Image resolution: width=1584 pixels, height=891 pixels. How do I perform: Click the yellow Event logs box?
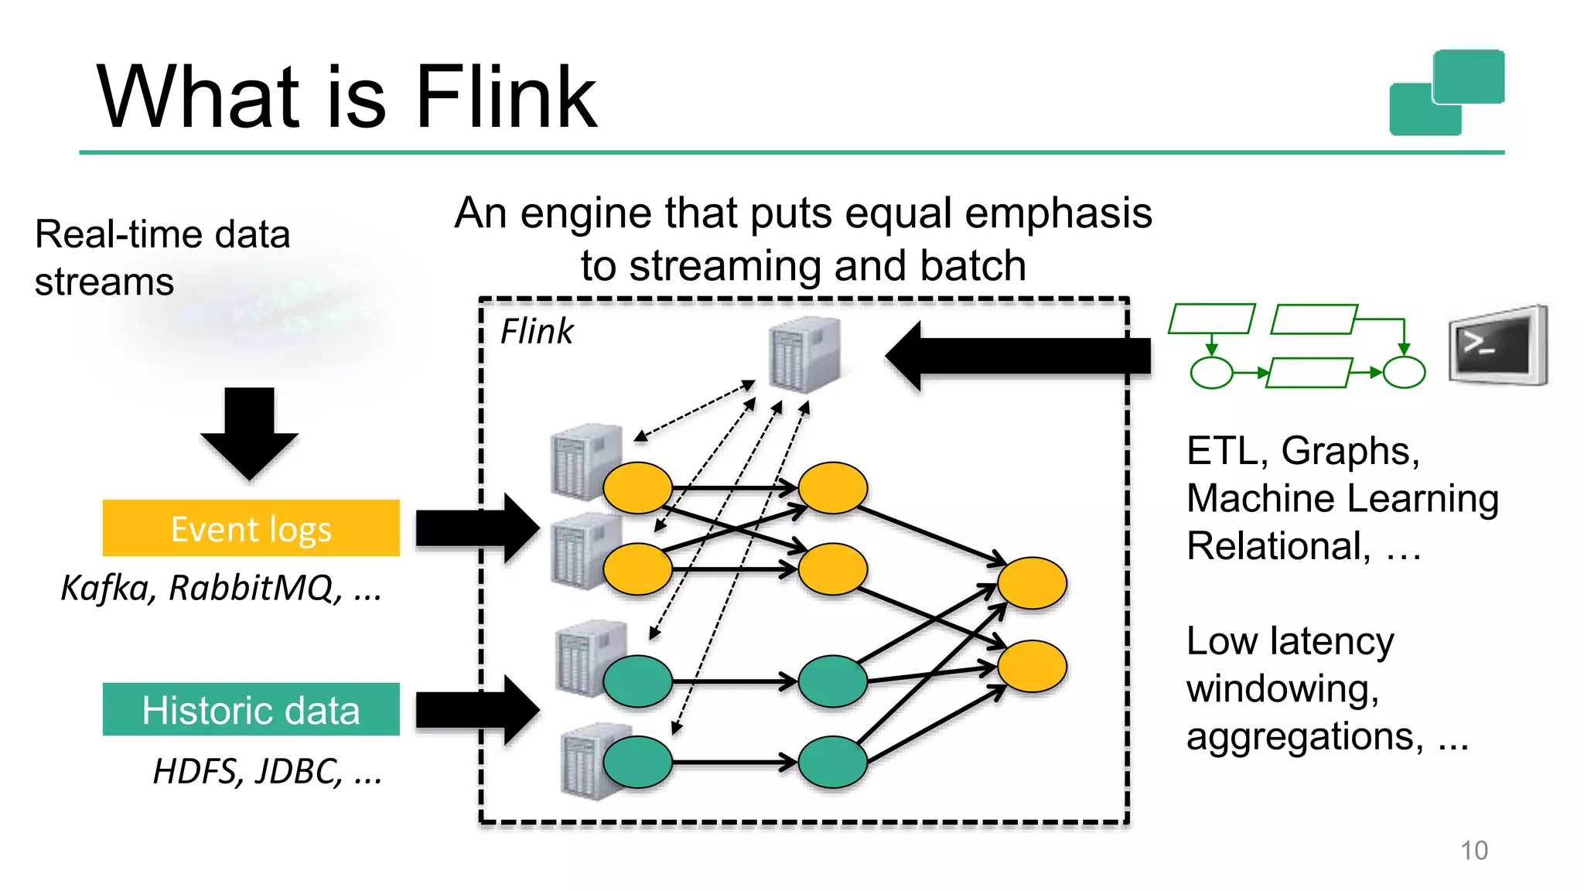coord(251,528)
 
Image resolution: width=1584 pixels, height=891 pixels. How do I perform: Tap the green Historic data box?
coord(251,709)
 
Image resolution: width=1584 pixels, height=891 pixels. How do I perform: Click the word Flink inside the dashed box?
coord(537,331)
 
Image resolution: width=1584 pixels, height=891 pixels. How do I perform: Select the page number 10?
coord(1473,850)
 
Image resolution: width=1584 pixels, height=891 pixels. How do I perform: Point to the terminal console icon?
coord(1497,346)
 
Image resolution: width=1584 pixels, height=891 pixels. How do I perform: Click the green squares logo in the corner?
coord(1446,92)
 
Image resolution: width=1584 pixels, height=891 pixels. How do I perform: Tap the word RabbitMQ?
coord(255,588)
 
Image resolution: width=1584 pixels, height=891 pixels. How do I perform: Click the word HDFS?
coord(198,771)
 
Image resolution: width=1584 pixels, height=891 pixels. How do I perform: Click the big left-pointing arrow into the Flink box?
coord(1017,356)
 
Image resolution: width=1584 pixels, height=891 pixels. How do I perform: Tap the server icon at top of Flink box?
coord(804,354)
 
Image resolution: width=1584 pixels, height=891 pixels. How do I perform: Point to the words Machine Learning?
coord(1343,498)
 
